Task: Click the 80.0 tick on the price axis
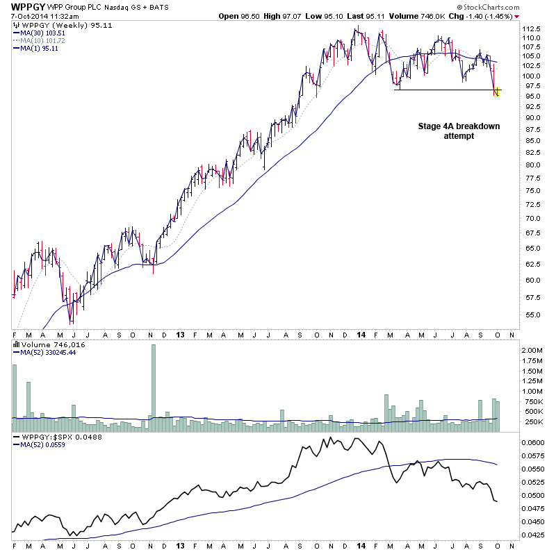[532, 165]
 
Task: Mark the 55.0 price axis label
[532, 315]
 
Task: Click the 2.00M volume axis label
[534, 351]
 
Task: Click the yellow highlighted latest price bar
[497, 91]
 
